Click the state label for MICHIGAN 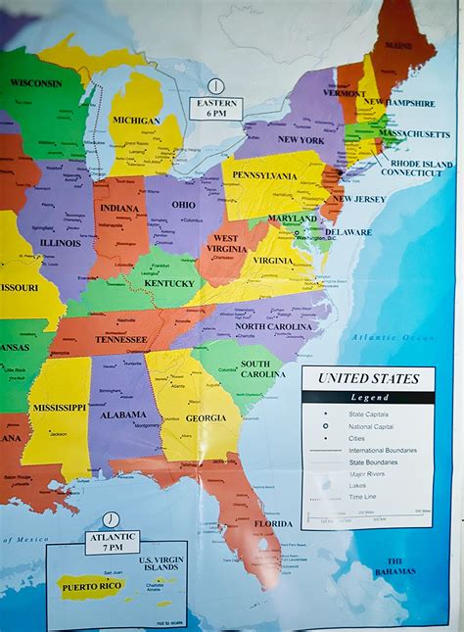(136, 121)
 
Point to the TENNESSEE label (120, 339)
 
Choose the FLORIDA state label (273, 523)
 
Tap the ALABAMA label (123, 413)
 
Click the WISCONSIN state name (36, 83)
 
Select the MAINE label (397, 45)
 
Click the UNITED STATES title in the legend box (367, 379)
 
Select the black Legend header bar (367, 397)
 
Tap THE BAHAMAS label (394, 566)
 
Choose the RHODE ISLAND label (423, 163)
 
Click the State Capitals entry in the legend (367, 414)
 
